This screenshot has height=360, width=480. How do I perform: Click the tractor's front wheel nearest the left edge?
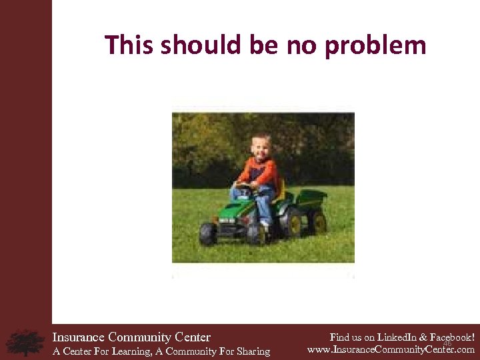208,234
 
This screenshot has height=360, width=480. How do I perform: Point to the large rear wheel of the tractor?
292,223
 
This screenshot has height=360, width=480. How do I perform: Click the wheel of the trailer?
317,222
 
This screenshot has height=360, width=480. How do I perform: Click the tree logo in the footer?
25,342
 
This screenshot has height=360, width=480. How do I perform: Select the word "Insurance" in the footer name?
79,337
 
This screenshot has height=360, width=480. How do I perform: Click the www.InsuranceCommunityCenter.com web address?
391,349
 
